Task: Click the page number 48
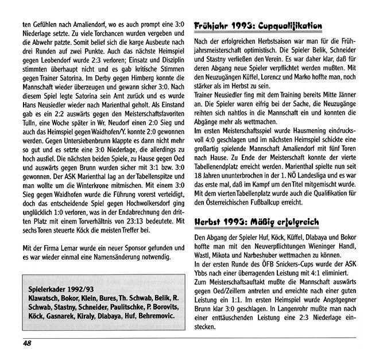pos(26,343)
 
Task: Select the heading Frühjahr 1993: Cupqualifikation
pos(258,27)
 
